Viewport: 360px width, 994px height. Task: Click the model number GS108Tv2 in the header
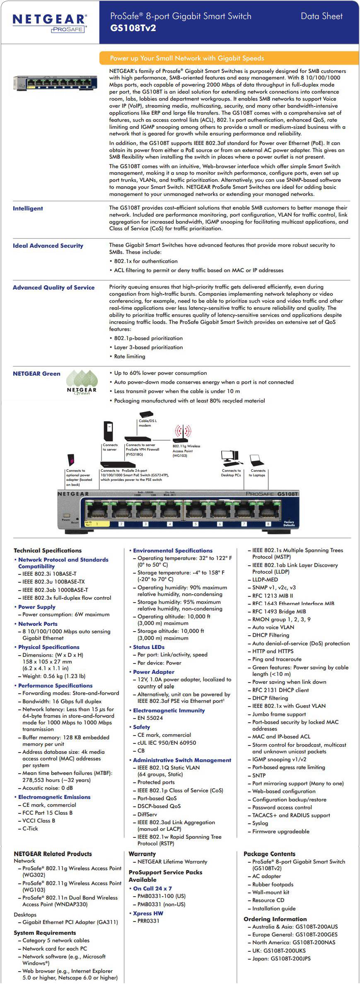pos(133,28)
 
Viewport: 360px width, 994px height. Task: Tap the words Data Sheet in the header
pos(321,17)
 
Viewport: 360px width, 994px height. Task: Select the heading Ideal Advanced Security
pos(48,246)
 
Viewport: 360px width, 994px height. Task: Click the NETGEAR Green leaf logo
pos(82,382)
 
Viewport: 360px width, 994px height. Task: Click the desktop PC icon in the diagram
pos(230,457)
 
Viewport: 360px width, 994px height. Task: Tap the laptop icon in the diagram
pos(257,460)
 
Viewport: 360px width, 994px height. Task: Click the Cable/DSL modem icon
pos(146,414)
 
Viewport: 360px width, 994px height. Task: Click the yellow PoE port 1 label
pos(97,524)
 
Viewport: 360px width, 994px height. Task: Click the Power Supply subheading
pos(36,607)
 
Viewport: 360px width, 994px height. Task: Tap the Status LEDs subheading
pos(148,647)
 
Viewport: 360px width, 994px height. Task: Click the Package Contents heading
pos(269,854)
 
